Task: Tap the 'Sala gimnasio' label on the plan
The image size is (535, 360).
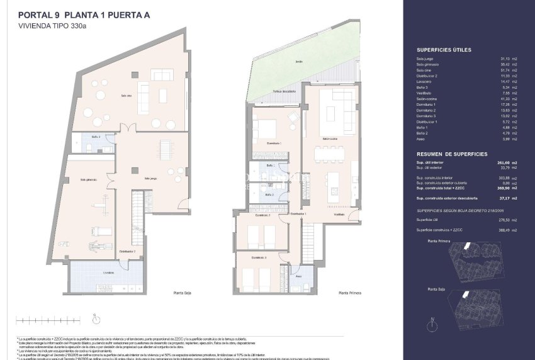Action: [89, 179]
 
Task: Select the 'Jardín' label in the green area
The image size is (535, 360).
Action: [300, 62]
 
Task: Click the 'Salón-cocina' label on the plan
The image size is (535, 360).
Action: [330, 138]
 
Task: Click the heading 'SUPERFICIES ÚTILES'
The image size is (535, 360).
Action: [444, 50]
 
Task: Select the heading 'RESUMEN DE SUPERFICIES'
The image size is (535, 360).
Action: [451, 154]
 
